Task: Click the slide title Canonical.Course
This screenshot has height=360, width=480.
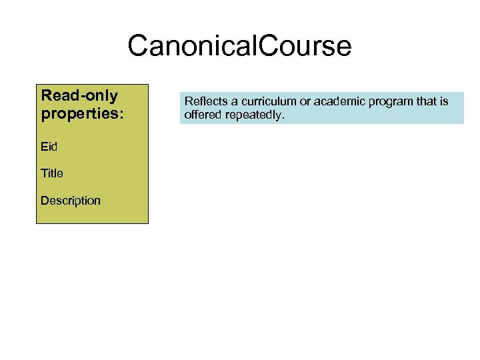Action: coord(239,46)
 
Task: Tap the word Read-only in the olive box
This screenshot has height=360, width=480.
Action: coord(79,95)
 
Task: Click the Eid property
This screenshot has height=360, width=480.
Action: coord(49,146)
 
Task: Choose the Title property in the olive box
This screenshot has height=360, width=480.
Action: coord(52,173)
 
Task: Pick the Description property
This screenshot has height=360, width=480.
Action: coord(71,201)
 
